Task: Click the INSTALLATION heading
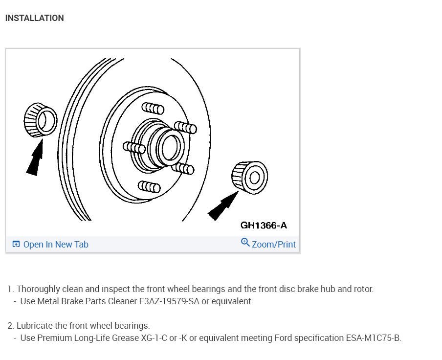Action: (34, 18)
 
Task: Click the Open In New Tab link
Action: (56, 245)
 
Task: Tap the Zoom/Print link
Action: (274, 244)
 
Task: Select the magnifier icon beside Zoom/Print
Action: (245, 242)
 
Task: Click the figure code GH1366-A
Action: (264, 225)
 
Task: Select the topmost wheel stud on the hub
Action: (153, 108)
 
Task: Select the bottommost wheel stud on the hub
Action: (149, 186)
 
